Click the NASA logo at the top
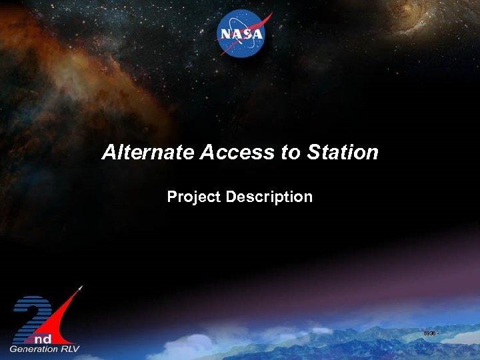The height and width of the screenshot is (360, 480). (241, 34)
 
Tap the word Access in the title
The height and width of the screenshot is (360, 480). (237, 153)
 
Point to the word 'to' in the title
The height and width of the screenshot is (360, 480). (291, 153)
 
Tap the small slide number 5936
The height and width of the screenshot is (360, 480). (429, 333)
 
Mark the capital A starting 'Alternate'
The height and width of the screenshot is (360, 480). (109, 153)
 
